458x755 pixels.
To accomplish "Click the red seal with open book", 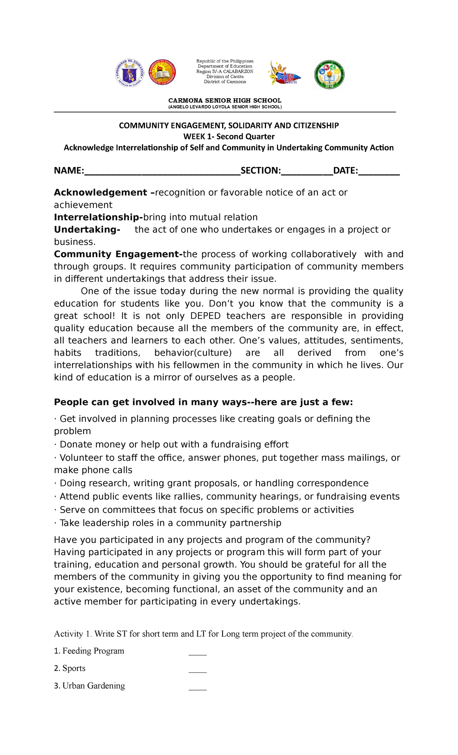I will click(162, 73).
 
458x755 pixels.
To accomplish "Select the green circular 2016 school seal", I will click(329, 75).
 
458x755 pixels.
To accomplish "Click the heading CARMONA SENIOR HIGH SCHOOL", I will click(225, 100).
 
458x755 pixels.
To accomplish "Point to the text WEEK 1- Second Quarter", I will click(229, 136).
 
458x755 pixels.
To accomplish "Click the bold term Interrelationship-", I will click(98, 217).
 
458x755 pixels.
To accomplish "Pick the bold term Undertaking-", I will click(87, 230).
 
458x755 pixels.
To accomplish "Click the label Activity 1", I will click(73, 634).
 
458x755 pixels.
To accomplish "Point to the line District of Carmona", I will click(225, 82).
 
